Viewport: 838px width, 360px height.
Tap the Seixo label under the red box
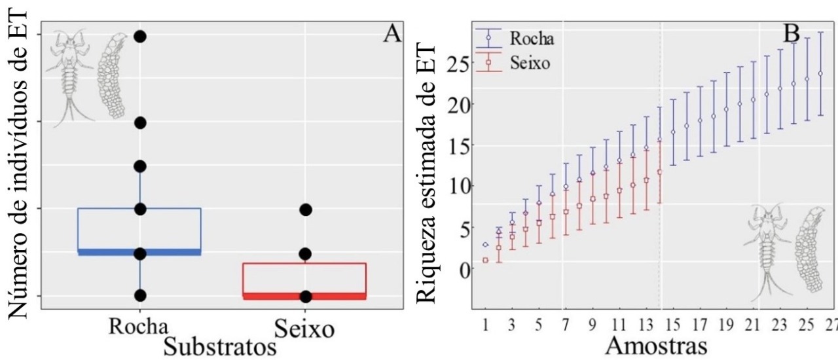pos(304,327)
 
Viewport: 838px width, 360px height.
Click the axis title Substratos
pos(221,345)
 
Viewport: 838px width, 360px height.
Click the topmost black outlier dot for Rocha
pos(139,37)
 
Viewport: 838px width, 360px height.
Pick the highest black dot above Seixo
pos(305,209)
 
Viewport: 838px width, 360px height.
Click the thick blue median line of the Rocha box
pos(139,252)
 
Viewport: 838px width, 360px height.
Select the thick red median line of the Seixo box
pos(304,296)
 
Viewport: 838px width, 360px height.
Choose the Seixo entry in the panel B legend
pos(531,63)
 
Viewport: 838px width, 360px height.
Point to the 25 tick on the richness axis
pos(462,63)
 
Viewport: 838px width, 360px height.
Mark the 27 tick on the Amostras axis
pos(832,323)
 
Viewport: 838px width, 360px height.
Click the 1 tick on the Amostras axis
pos(485,323)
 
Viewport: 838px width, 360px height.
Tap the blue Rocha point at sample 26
pos(820,73)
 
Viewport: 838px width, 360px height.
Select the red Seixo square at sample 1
pos(486,260)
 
